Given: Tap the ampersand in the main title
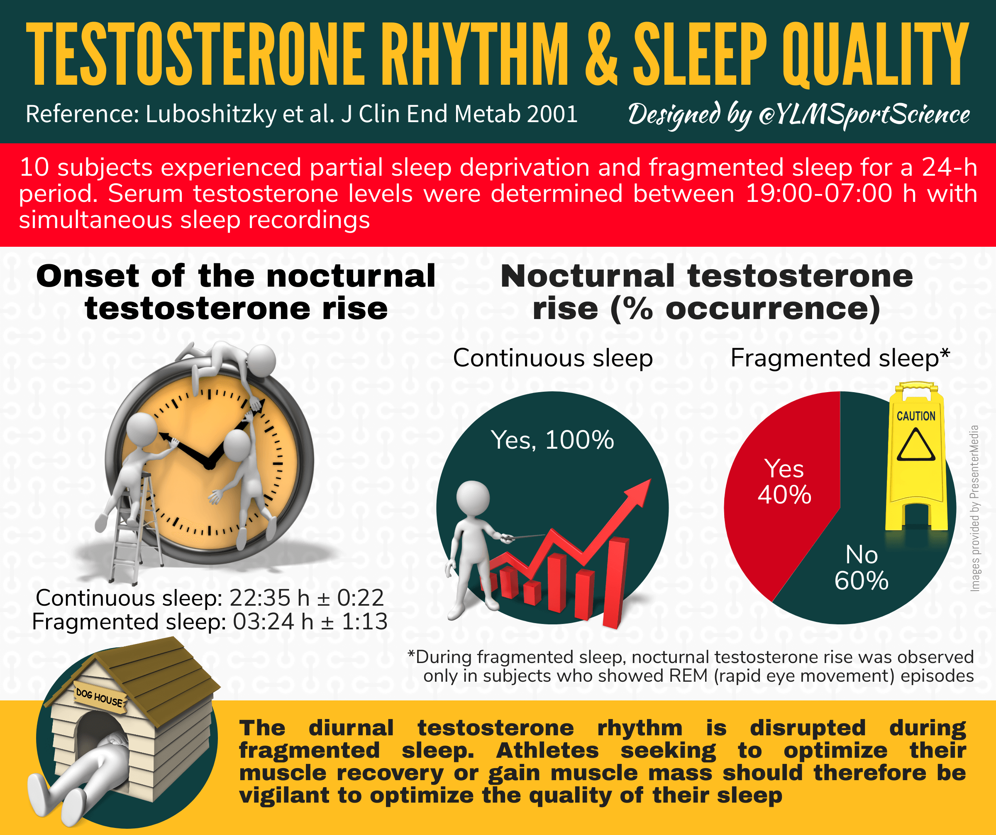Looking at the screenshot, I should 601,54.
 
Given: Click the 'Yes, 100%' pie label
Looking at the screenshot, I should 552,440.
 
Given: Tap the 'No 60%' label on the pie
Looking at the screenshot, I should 861,567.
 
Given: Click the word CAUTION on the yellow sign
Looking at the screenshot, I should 916,416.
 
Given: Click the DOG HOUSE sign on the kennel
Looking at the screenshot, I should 100,696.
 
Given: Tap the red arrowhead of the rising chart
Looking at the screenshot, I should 640,491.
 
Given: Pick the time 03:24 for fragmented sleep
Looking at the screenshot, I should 263,621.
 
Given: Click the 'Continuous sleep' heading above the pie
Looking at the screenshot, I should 552,358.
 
